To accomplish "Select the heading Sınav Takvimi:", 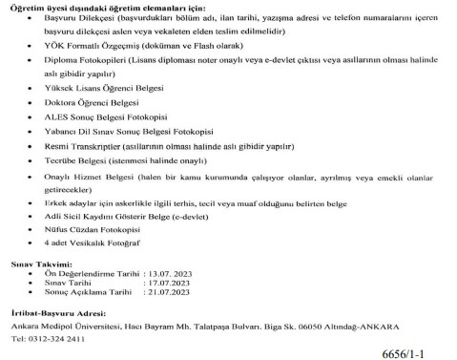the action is [36, 261].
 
